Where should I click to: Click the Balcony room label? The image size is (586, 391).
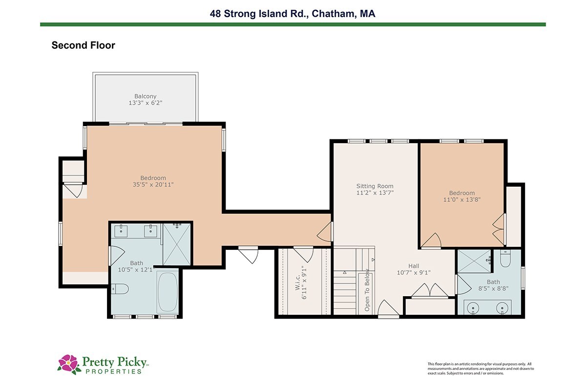[x=145, y=96]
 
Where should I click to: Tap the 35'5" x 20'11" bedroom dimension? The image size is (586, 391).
[x=153, y=185]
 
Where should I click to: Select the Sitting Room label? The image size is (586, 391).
[x=375, y=186]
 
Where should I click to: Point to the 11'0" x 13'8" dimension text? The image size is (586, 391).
[x=462, y=199]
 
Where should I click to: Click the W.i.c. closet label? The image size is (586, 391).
[x=297, y=282]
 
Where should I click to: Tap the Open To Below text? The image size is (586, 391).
[x=367, y=290]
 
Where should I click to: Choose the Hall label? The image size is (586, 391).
[x=414, y=266]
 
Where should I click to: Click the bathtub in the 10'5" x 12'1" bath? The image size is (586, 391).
[x=167, y=292]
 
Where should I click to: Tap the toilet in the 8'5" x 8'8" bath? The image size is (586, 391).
[x=505, y=258]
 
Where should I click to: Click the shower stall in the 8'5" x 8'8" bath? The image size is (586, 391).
[x=475, y=261]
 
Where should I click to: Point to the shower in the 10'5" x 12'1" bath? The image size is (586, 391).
[x=177, y=244]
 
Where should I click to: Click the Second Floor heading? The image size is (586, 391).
[x=83, y=45]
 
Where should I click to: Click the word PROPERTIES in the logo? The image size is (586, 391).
[x=114, y=371]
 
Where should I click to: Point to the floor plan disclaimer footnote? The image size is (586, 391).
[x=481, y=369]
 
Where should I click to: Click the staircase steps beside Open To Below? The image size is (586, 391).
[x=345, y=293]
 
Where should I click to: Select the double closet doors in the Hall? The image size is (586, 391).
[x=430, y=290]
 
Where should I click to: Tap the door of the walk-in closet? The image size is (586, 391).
[x=303, y=254]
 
